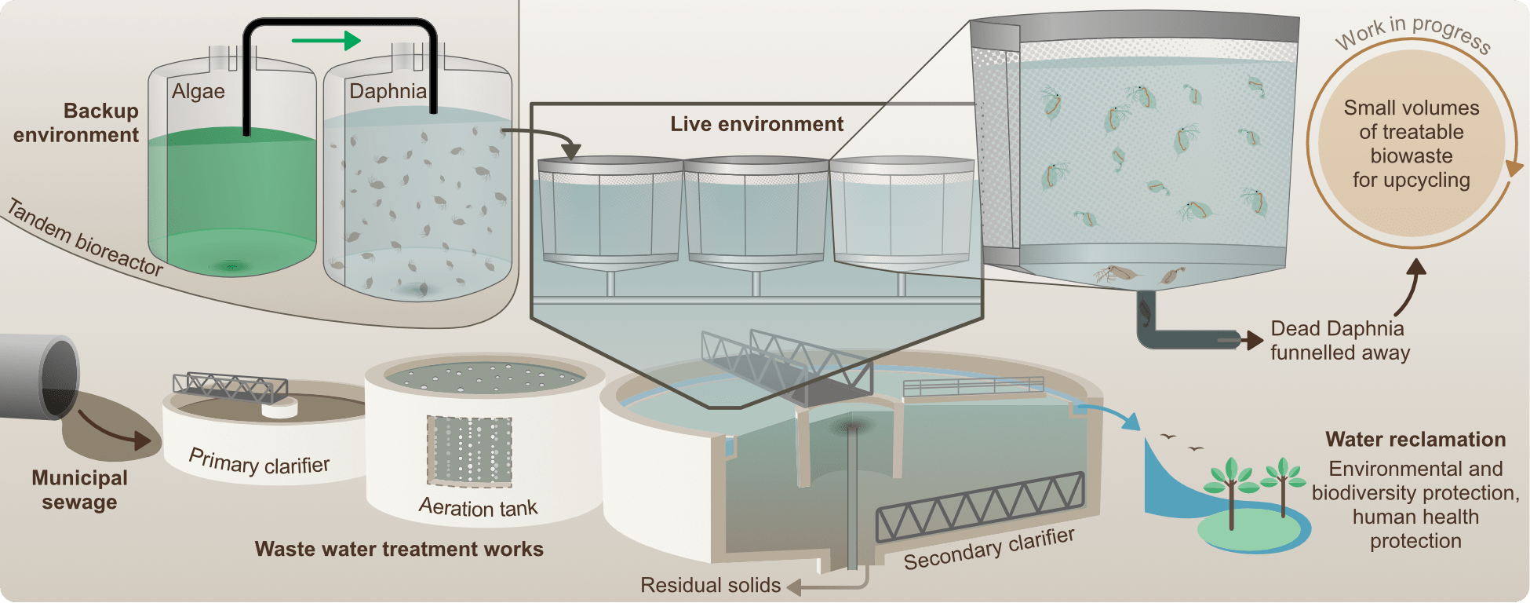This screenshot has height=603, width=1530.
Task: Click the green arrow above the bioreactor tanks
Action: pos(326,40)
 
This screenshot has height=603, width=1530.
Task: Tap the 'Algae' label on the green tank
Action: pos(199,92)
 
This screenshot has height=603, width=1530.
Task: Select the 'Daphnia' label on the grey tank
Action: pos(388,91)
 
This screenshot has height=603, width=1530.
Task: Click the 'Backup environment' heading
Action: pos(78,122)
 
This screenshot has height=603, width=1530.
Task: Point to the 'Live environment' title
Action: pos(756,124)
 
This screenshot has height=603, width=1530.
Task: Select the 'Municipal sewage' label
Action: pos(79,490)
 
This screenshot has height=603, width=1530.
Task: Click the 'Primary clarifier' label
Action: pos(259,462)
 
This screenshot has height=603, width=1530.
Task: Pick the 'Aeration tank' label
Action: pos(478,507)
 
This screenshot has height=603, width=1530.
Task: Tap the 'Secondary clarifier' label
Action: pos(989,549)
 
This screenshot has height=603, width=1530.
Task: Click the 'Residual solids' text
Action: pos(710,585)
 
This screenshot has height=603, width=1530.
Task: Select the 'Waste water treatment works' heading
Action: pos(399,549)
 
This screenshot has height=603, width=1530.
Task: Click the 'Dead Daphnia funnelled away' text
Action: pos(1339,340)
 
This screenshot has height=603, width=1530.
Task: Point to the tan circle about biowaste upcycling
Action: pos(1411,144)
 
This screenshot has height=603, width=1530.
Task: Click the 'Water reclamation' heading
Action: pos(1415,440)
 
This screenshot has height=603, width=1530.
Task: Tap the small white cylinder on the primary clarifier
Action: pos(279,408)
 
